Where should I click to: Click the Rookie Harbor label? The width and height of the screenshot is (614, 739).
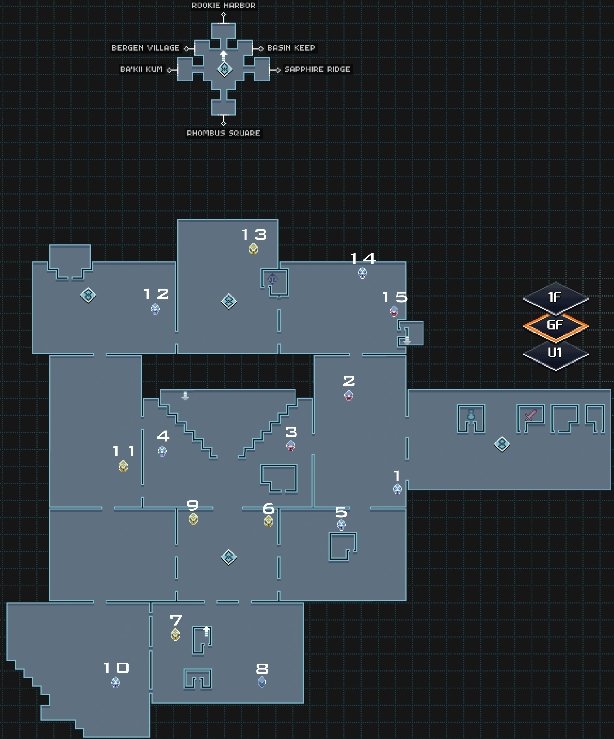pos(223,5)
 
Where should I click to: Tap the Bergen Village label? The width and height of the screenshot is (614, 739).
pos(145,48)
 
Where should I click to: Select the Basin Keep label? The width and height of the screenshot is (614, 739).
pos(291,48)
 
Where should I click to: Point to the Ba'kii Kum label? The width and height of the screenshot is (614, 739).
pos(141,69)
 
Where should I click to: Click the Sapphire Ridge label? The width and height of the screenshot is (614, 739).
pos(317,69)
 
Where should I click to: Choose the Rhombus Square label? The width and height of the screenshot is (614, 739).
pos(223,133)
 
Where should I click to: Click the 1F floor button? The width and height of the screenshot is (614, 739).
pos(555,298)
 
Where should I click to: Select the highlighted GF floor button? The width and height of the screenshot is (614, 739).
pos(555,326)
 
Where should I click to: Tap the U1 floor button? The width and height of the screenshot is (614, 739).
pos(555,353)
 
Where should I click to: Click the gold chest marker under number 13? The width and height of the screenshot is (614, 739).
pos(253,249)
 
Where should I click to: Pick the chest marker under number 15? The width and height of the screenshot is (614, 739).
pos(394,311)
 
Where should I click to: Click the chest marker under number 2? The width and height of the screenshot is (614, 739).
pos(349,395)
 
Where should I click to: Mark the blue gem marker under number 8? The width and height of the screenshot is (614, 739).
pos(262,682)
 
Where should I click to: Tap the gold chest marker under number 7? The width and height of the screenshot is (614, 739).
pos(175,635)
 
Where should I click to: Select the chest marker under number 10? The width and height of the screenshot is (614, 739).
pos(115,683)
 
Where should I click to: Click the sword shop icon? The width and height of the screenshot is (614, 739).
pos(530,415)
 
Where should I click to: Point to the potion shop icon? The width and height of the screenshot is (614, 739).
pos(471,416)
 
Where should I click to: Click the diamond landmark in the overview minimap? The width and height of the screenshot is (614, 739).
pos(224,69)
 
